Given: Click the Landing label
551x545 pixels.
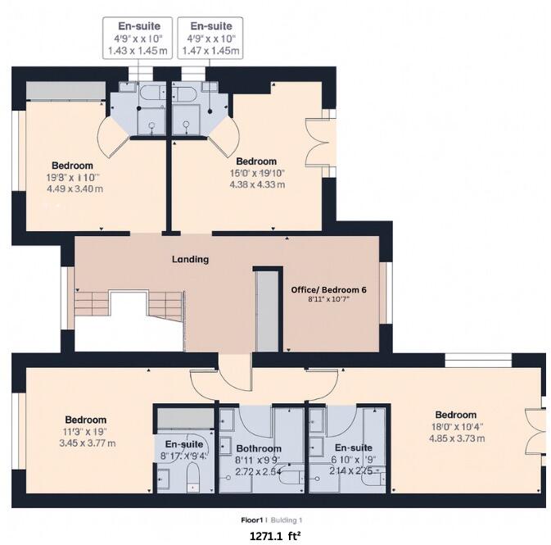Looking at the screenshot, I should tap(190, 259).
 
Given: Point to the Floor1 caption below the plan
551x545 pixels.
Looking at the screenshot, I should tap(251, 520).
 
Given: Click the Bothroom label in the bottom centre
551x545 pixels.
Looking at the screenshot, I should tap(259, 449).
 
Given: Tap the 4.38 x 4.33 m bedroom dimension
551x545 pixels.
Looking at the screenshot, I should tap(257, 184).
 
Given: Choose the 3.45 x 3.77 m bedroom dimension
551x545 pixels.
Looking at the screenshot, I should tap(86, 443).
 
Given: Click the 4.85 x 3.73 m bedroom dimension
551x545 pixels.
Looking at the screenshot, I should tap(456, 438).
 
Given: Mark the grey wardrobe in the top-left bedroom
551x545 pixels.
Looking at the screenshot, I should tap(65, 90).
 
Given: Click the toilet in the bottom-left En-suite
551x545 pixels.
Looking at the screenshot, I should tap(194, 477).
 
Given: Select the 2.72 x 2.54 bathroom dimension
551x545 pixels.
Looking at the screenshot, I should tap(258, 473).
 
